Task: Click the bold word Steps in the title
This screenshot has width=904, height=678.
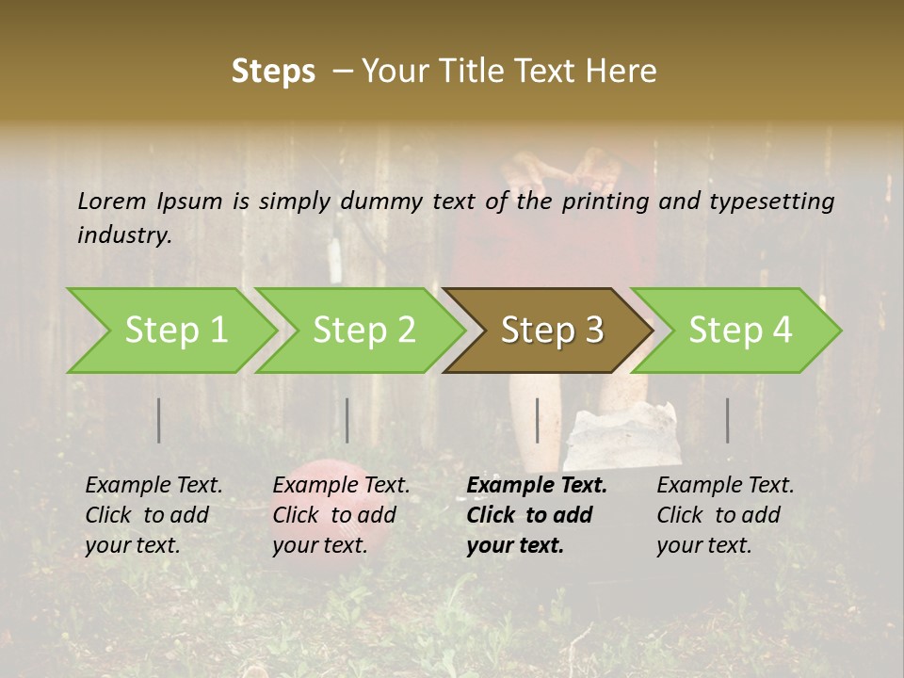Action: [273, 71]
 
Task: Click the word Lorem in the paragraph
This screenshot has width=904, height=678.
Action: [112, 201]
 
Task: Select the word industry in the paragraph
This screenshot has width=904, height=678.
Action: [124, 234]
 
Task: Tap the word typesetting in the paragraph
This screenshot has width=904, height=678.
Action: [771, 201]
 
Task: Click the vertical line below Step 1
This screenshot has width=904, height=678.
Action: [159, 420]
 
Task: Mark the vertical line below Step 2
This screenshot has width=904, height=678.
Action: [347, 420]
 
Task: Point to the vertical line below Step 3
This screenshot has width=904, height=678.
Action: [538, 420]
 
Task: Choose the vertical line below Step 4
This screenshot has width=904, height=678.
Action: [728, 420]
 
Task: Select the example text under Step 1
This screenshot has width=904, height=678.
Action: [153, 515]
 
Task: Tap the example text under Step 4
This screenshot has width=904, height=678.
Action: [725, 515]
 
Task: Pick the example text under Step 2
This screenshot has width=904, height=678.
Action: [341, 515]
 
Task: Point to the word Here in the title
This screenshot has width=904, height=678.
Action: [621, 71]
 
